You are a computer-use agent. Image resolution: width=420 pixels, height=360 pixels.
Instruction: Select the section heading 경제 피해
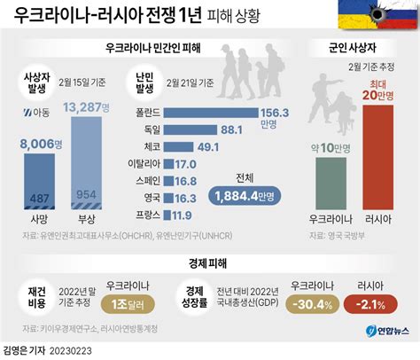click(x=209, y=263)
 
